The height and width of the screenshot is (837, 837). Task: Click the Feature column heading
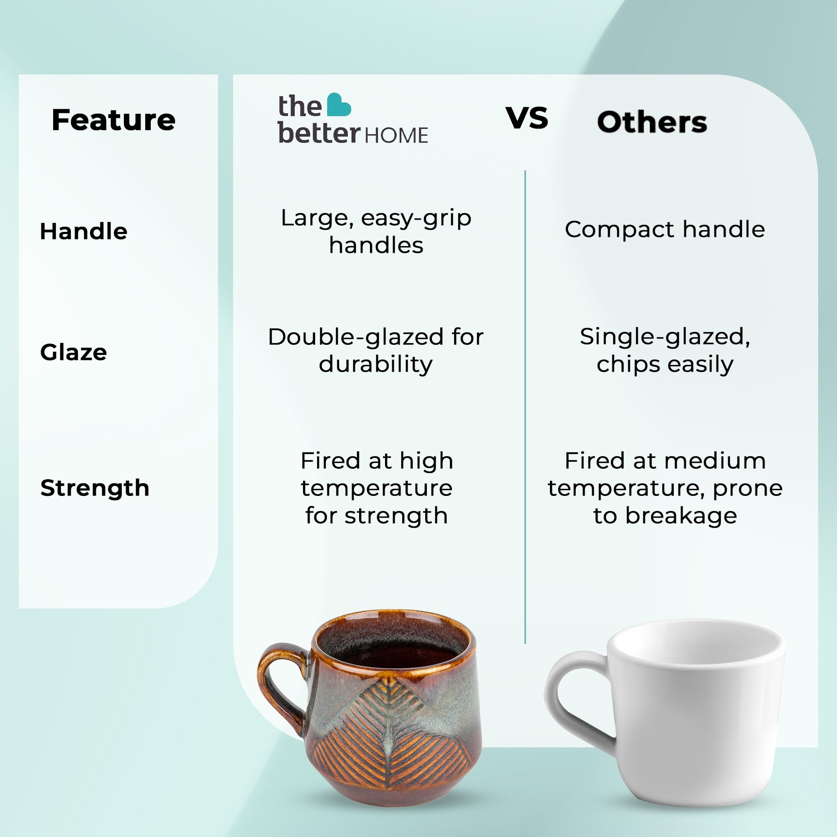(x=113, y=120)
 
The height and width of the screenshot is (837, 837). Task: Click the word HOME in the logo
(x=396, y=136)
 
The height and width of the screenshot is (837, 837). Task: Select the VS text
(x=527, y=118)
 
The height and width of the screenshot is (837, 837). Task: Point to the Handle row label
(x=84, y=231)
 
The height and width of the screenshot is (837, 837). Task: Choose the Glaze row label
(x=74, y=352)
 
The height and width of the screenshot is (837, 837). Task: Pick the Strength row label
(x=95, y=488)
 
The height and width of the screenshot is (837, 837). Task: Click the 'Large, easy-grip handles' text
(x=376, y=231)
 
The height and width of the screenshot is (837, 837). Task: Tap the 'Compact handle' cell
(x=665, y=229)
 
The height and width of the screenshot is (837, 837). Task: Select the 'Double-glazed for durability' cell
(x=376, y=350)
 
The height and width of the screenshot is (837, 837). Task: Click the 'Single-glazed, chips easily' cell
(x=665, y=350)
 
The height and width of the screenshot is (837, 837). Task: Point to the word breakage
(x=681, y=516)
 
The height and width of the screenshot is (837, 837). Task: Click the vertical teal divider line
(x=525, y=407)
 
